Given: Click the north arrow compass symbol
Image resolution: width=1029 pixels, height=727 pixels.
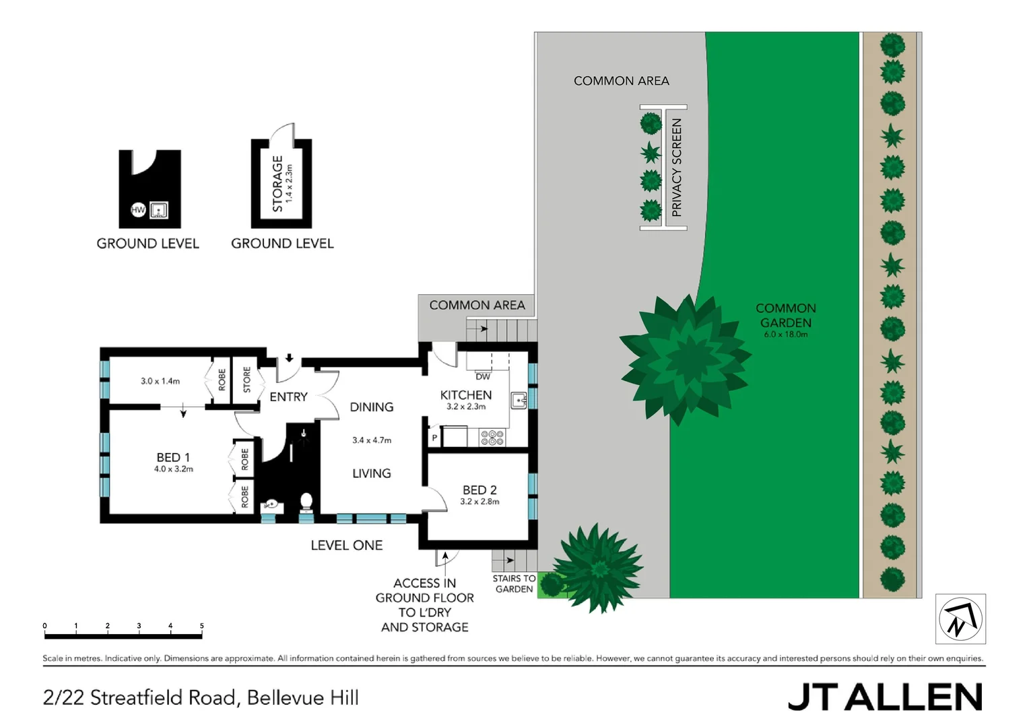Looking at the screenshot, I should pyautogui.click(x=960, y=619).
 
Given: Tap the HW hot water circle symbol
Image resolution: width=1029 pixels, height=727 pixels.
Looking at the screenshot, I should pyautogui.click(x=138, y=210).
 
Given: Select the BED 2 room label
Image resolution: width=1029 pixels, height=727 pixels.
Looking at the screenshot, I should pyautogui.click(x=479, y=490).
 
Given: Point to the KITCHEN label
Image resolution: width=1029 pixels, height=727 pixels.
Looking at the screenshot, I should pyautogui.click(x=465, y=395).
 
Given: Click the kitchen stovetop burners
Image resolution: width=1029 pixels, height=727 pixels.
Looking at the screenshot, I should pyautogui.click(x=492, y=438).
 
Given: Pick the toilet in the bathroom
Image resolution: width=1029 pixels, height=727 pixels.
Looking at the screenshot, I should pyautogui.click(x=306, y=502).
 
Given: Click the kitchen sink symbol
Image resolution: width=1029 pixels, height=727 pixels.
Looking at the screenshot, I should pyautogui.click(x=518, y=401).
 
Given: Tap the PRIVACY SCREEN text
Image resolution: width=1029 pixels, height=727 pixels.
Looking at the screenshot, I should pyautogui.click(x=677, y=168).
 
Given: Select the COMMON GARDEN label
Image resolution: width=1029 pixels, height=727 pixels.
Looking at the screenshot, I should pyautogui.click(x=785, y=315).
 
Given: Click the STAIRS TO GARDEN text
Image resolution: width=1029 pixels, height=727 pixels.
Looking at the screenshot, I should pyautogui.click(x=514, y=584).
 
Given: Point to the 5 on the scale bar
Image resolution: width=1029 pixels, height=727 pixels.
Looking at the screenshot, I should pyautogui.click(x=201, y=626).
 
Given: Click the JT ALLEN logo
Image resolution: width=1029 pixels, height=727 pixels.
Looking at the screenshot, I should pyautogui.click(x=885, y=697).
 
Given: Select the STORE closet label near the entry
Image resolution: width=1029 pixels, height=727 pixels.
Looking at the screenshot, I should pyautogui.click(x=246, y=380).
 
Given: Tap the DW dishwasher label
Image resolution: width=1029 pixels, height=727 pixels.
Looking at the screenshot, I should pyautogui.click(x=483, y=377).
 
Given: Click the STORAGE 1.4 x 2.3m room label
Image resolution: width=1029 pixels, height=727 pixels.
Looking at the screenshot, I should pyautogui.click(x=280, y=184).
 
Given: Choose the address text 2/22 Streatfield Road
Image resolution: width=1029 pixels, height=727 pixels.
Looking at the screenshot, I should pyautogui.click(x=201, y=697).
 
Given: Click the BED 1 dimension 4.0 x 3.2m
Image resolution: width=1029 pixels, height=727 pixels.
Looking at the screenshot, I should pyautogui.click(x=173, y=469).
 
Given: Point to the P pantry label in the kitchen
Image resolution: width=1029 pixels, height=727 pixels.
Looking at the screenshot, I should pyautogui.click(x=434, y=438).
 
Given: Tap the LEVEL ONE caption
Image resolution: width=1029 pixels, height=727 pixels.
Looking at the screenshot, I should pyautogui.click(x=346, y=545).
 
